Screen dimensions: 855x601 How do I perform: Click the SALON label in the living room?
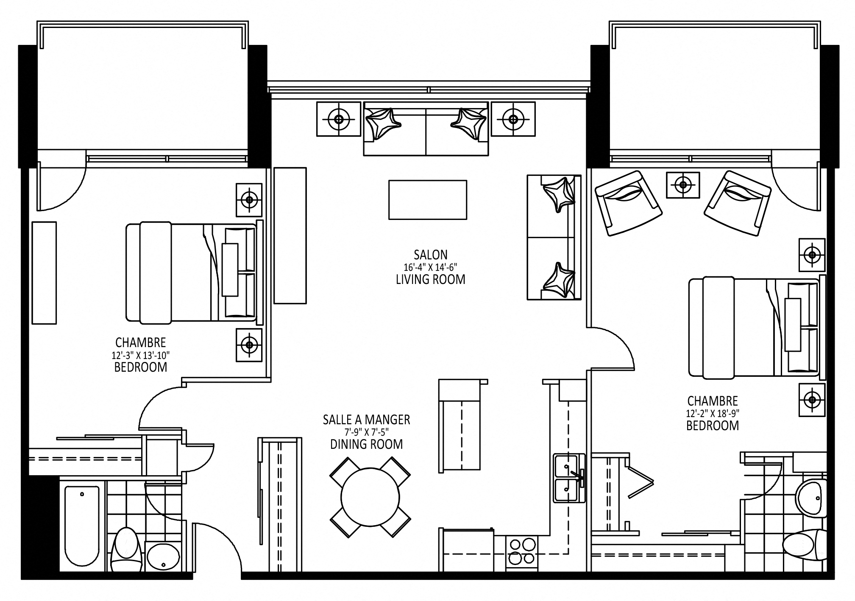[430, 254]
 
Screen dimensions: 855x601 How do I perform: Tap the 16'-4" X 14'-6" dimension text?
[430, 267]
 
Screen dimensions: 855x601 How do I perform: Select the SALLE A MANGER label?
[366, 420]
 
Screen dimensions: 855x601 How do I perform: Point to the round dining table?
[370, 497]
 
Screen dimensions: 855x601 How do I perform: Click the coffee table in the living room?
[428, 200]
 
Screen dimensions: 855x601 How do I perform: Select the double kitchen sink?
[569, 478]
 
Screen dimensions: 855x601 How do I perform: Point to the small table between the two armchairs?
[683, 185]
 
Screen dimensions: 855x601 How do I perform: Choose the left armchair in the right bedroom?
[628, 203]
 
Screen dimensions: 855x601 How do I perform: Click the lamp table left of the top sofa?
[338, 119]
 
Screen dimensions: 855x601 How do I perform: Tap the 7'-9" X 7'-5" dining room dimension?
[366, 432]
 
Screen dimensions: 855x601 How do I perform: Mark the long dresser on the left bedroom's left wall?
[45, 273]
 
